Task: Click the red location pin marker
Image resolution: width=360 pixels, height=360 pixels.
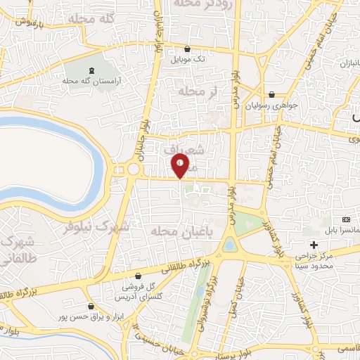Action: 181,167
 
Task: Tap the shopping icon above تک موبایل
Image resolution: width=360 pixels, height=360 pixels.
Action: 188,49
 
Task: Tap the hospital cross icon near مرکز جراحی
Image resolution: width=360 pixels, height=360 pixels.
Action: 314,244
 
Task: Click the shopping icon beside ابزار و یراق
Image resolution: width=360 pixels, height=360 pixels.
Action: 91,307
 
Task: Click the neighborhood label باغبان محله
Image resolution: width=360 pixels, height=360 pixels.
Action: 162,231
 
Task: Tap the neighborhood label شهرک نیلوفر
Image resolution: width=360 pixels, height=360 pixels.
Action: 96,227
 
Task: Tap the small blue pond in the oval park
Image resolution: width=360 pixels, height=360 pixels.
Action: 230,245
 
